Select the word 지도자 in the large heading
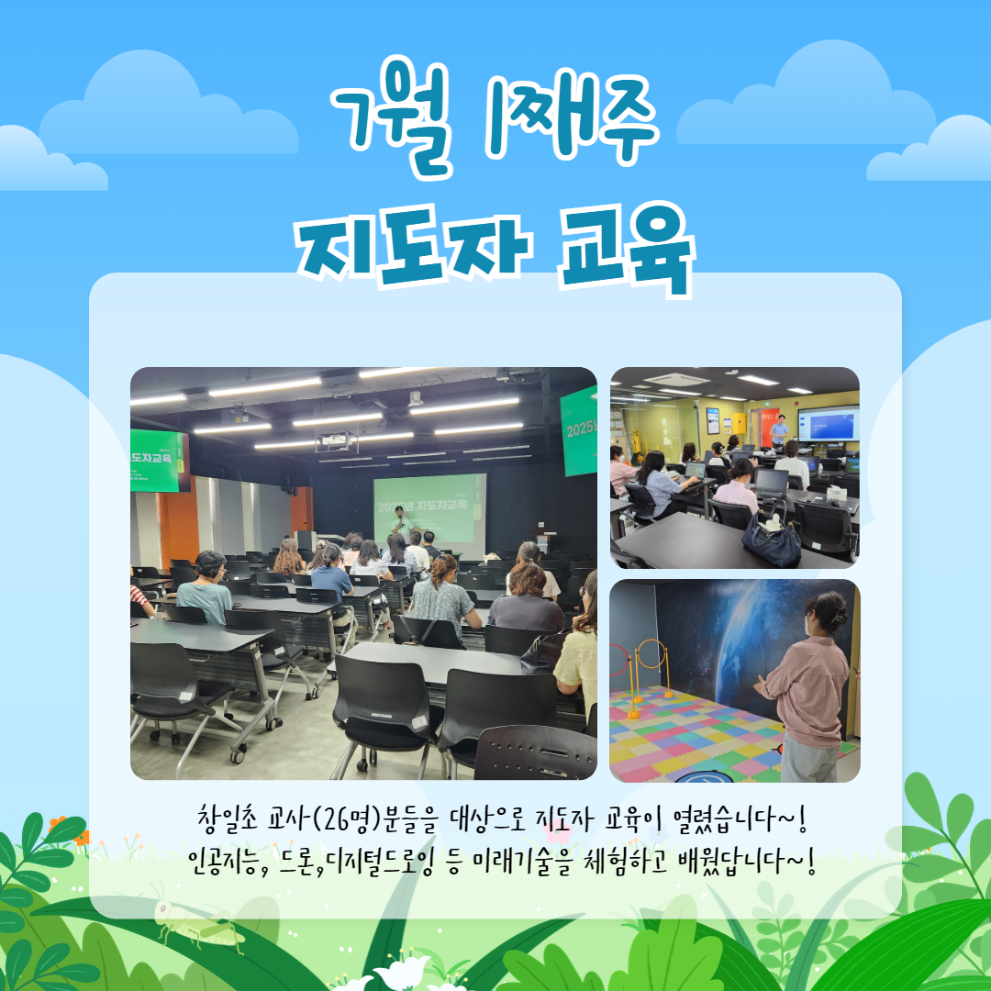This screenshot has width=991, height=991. pyautogui.click(x=414, y=247)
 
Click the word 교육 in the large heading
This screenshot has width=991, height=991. pyautogui.click(x=626, y=249)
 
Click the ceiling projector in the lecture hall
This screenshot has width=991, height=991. pyautogui.click(x=336, y=441)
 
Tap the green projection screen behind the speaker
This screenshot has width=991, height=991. pyautogui.click(x=429, y=509)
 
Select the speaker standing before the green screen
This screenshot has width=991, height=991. pyautogui.click(x=400, y=522)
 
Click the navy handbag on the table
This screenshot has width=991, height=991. pyautogui.click(x=772, y=537)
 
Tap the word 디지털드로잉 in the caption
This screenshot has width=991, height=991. pyautogui.click(x=380, y=862)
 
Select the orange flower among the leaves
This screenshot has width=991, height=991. pyautogui.click(x=81, y=838)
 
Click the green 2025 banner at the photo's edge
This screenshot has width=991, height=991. pyautogui.click(x=578, y=431)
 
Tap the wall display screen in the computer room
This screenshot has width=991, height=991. pyautogui.click(x=828, y=423)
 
